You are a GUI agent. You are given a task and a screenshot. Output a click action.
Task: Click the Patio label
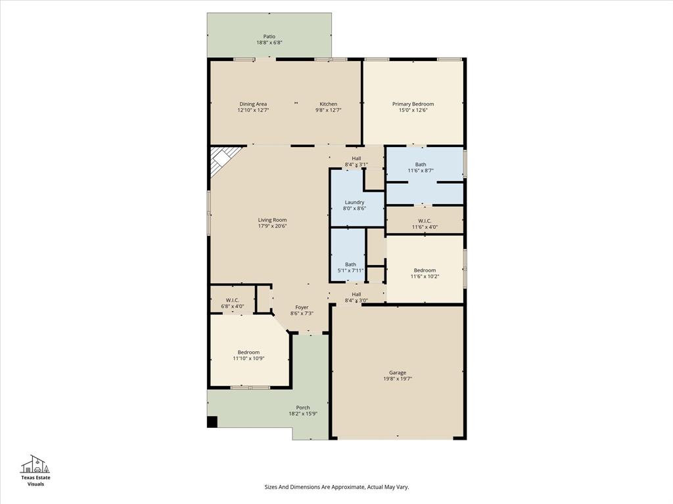pos(269,37)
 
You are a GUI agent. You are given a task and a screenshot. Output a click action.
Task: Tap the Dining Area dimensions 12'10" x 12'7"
pos(253,110)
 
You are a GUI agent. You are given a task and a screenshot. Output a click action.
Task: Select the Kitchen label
pos(328,104)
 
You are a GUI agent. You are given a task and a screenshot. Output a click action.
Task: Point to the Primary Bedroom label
pos(413,104)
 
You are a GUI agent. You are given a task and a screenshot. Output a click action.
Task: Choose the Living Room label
pos(271,220)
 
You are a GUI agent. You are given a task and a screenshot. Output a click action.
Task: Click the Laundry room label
pos(354,202)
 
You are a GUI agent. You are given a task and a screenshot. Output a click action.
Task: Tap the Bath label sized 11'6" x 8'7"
pos(420,164)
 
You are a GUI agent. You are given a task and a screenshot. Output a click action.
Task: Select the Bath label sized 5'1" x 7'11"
pos(350,264)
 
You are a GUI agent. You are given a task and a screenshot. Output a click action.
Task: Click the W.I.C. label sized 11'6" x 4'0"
pos(424,220)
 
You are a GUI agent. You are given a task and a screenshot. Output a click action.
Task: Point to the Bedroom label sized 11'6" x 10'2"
pos(424,270)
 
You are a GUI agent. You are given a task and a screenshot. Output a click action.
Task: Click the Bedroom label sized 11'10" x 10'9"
pos(248,352)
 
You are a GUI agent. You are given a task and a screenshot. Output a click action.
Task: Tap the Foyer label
pos(302,307)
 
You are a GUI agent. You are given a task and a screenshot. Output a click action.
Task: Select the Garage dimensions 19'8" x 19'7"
pos(398,379)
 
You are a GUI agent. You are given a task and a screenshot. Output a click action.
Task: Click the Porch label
pos(302,408)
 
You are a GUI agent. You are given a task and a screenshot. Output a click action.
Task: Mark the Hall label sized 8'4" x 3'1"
pos(356,158)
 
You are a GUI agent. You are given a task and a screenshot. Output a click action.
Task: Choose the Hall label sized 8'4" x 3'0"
pos(356,294)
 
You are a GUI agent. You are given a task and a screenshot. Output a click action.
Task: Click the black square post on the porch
pos(212,422)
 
